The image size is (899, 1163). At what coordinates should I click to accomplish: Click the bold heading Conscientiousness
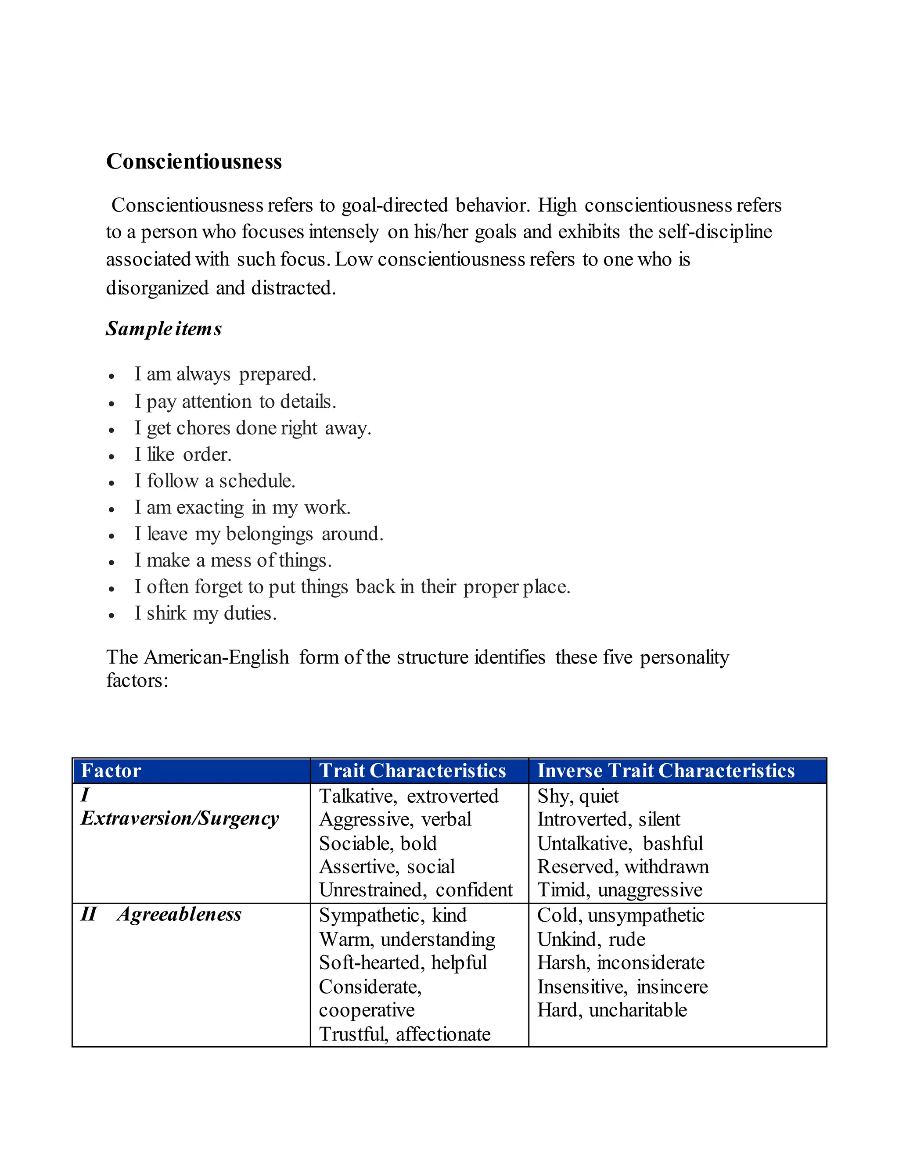[194, 162]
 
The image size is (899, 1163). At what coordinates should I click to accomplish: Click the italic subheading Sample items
[163, 329]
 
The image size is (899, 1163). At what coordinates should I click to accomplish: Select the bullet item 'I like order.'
[183, 454]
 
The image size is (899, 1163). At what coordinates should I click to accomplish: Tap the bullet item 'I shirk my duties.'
[205, 613]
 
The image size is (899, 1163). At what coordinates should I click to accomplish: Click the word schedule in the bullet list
[257, 481]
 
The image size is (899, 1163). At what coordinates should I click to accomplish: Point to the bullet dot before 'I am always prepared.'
[111, 377]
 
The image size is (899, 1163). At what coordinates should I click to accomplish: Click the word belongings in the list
[270, 534]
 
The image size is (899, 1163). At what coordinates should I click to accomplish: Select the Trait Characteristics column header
[412, 771]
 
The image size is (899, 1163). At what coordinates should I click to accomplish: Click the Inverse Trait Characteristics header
[666, 771]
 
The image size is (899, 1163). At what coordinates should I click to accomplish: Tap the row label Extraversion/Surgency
[180, 818]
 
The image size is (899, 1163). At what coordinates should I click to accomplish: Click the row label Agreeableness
[179, 914]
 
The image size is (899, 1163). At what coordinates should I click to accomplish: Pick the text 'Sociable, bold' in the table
[378, 844]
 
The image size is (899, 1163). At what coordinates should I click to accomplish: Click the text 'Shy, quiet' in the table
[578, 796]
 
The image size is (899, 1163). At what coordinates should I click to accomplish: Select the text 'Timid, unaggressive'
[620, 890]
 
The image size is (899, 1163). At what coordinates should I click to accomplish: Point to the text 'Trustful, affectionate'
[405, 1034]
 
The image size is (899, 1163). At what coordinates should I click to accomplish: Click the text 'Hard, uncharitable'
[612, 1010]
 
